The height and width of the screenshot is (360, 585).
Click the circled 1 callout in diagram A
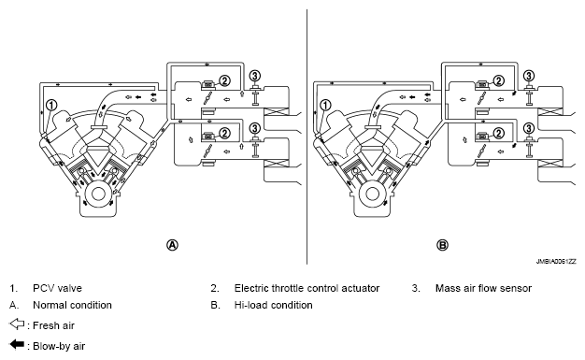(x=51, y=106)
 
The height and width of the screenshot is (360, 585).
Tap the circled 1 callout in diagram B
(x=326, y=106)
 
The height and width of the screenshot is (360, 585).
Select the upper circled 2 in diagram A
(x=224, y=80)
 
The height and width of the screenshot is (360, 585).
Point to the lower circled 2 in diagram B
(x=498, y=134)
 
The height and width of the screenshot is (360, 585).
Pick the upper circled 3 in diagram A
(x=254, y=76)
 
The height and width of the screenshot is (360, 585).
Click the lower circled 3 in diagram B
(x=529, y=128)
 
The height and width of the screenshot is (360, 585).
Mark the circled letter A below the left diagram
(x=172, y=245)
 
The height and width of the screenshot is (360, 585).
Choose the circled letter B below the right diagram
(x=442, y=245)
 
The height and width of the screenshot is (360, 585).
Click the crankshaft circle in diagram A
(x=98, y=194)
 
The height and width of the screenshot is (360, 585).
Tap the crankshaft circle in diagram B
(x=372, y=194)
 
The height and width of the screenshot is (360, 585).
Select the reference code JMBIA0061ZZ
(x=556, y=262)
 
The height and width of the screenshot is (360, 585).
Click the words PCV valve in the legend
(x=57, y=288)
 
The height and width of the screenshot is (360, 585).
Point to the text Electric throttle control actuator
(x=307, y=288)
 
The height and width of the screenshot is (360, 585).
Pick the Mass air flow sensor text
(x=483, y=288)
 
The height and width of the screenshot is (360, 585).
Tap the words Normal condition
(x=72, y=305)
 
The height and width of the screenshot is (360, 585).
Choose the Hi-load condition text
(x=274, y=305)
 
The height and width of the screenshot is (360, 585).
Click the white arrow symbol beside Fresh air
(x=17, y=324)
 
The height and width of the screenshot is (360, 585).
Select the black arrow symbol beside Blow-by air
(x=17, y=344)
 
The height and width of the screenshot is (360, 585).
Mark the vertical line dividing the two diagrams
(x=307, y=137)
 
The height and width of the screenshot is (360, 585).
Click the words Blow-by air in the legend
(x=59, y=346)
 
